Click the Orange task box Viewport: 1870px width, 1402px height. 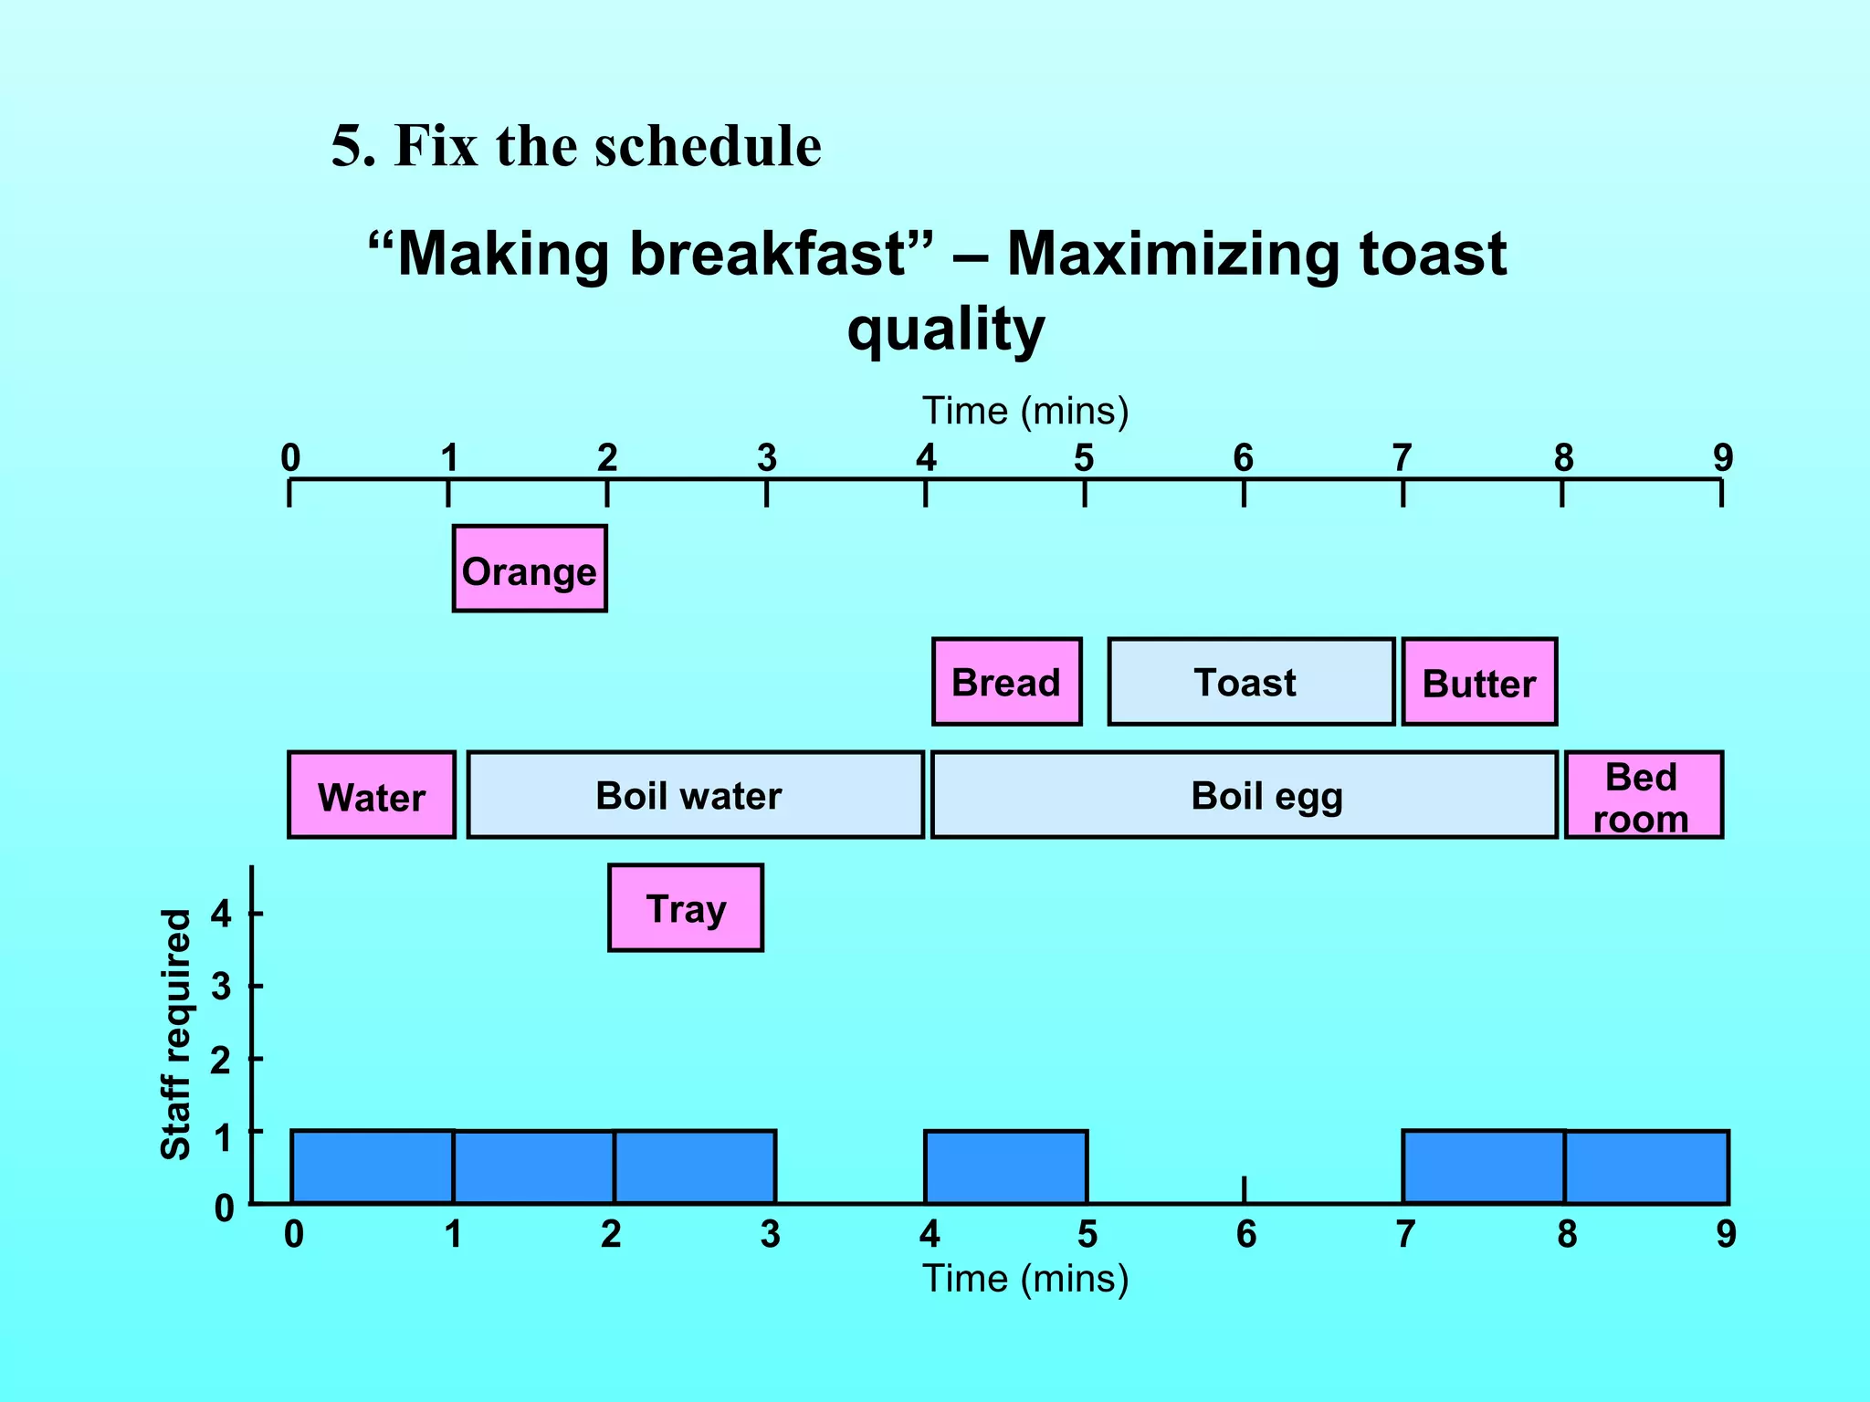[x=529, y=569]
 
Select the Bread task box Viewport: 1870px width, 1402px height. [x=1006, y=682]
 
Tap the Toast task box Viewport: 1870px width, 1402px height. [x=1250, y=682]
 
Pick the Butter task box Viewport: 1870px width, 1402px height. [x=1478, y=682]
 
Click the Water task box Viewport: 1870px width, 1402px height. [x=371, y=795]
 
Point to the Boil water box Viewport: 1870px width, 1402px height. [x=695, y=795]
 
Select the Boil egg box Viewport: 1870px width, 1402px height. [x=1243, y=795]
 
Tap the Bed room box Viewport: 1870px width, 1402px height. [x=1643, y=795]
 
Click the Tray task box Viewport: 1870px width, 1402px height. [x=685, y=908]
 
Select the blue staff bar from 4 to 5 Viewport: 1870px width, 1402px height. [x=1005, y=1167]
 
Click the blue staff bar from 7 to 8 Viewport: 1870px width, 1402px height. [x=1483, y=1167]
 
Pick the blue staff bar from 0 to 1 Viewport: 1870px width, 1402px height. [x=372, y=1167]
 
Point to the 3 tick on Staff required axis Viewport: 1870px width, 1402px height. [x=256, y=986]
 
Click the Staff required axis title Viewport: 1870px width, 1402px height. [x=175, y=1034]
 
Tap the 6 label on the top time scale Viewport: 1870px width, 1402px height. [x=1243, y=458]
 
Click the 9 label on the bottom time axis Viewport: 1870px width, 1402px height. [x=1725, y=1234]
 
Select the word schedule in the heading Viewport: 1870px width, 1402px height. [x=708, y=146]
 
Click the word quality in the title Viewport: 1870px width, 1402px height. [x=945, y=329]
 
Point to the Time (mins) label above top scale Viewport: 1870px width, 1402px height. [x=1024, y=411]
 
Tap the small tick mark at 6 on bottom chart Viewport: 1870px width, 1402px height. [x=1244, y=1188]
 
